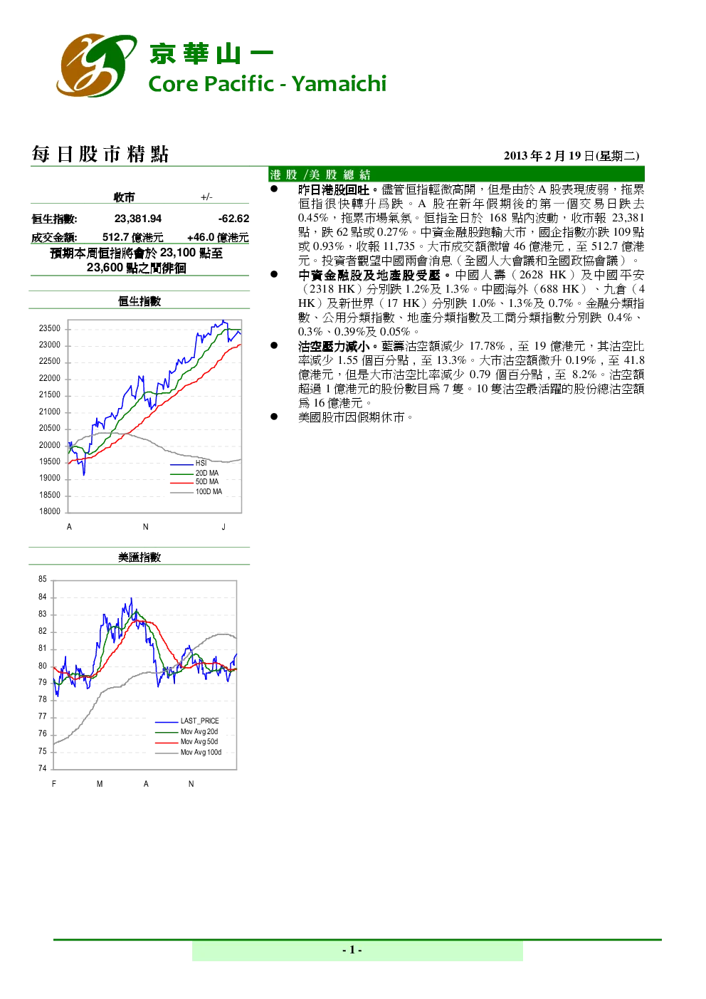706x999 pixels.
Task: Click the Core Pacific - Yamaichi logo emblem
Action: (x=96, y=65)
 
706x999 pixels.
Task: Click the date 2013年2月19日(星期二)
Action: (x=571, y=156)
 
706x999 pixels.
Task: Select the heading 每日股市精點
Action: (x=100, y=155)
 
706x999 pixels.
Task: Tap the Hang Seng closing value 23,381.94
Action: (x=138, y=219)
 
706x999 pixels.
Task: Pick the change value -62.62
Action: (x=233, y=219)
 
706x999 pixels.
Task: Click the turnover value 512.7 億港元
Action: (x=133, y=237)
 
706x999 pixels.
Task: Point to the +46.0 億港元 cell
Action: (x=218, y=237)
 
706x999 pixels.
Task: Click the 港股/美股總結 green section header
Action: (x=456, y=174)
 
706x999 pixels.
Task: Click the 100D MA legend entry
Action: (x=196, y=491)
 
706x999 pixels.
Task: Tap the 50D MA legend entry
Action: (x=194, y=481)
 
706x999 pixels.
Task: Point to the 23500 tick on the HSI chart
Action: (x=50, y=328)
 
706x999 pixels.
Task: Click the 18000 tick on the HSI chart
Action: (x=50, y=511)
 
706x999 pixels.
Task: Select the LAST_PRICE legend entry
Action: (x=187, y=721)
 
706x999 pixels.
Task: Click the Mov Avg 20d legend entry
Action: (x=186, y=731)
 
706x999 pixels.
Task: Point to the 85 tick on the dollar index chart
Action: (x=42, y=579)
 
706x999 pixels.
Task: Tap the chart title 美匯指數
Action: (x=139, y=557)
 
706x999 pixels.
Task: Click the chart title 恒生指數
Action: (x=139, y=301)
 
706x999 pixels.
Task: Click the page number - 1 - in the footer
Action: (x=352, y=950)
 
